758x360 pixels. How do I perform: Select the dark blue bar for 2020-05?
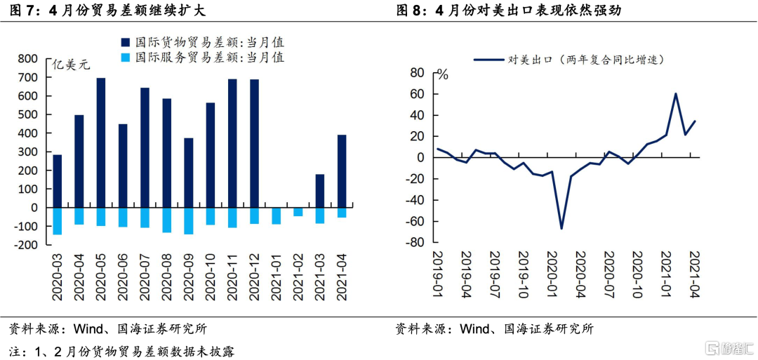tap(101, 142)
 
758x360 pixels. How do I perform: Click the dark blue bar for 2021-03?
tap(320, 191)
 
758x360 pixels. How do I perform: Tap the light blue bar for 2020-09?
tap(189, 221)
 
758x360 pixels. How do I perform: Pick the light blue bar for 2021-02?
tap(298, 212)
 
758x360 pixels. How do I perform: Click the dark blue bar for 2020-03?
tap(58, 181)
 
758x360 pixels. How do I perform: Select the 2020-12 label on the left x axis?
tap(255, 276)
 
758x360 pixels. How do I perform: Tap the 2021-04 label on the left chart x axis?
tap(342, 276)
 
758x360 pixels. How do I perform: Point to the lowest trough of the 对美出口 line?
tap(561, 228)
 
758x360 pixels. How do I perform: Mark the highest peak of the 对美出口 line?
tap(675, 93)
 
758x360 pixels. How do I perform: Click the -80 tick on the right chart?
tap(416, 243)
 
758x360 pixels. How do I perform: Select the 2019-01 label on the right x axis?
tap(440, 276)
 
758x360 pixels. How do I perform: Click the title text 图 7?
tap(20, 11)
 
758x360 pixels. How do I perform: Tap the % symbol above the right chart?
tap(443, 74)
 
